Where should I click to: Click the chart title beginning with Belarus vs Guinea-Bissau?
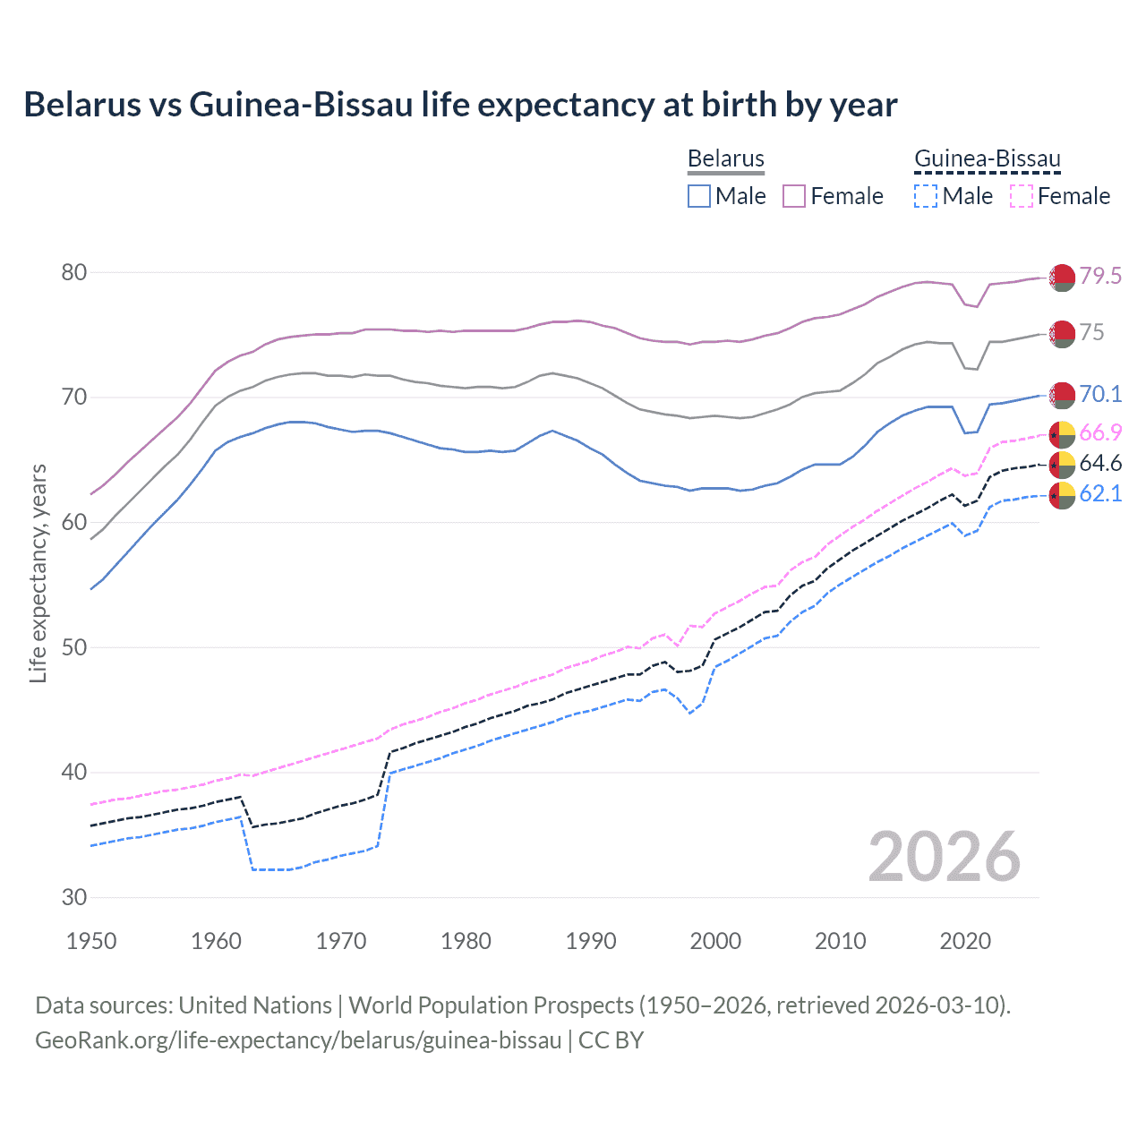[460, 105]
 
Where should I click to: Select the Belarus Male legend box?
[699, 196]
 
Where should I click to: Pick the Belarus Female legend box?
[794, 196]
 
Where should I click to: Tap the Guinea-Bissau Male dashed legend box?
[926, 196]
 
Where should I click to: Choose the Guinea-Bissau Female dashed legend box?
[1021, 196]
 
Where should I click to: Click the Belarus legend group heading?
[725, 158]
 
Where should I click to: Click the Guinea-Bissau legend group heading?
[987, 158]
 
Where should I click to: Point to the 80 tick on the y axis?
[73, 272]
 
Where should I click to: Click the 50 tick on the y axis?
[73, 647]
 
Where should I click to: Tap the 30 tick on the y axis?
[73, 897]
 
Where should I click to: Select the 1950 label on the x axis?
[91, 941]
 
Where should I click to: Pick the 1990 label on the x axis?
[591, 941]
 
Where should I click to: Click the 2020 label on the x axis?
[965, 941]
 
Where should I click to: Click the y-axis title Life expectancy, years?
[38, 573]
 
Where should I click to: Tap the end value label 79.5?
[1100, 276]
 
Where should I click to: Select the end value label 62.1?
[1100, 493]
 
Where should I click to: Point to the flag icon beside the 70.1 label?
[1062, 395]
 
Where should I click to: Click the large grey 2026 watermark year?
[945, 857]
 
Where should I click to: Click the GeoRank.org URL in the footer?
[298, 1040]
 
